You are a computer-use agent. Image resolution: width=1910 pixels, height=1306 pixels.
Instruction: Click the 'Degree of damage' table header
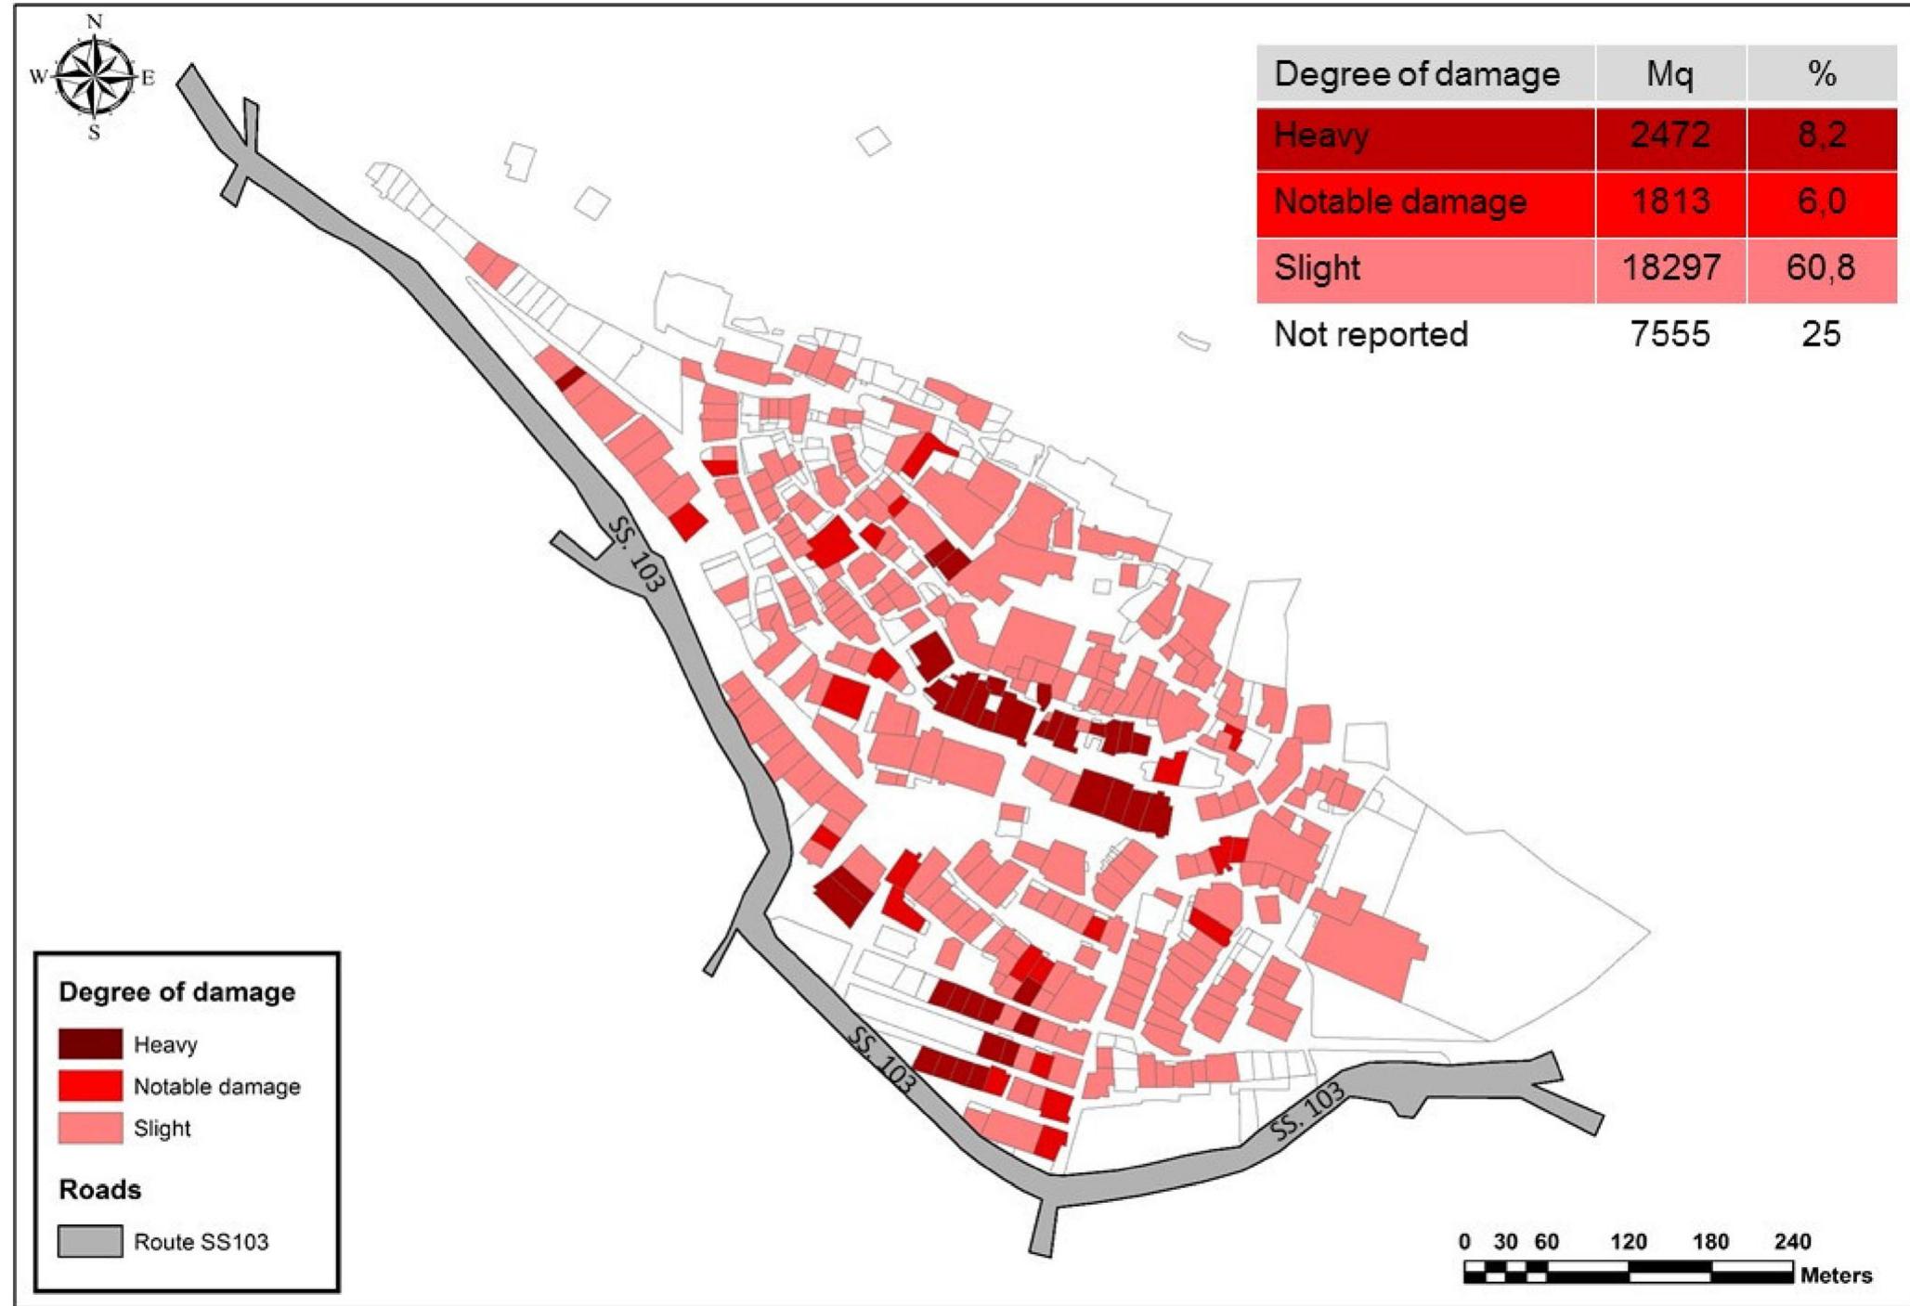(x=1416, y=74)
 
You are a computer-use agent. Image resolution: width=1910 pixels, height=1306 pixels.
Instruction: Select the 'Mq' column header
(x=1670, y=74)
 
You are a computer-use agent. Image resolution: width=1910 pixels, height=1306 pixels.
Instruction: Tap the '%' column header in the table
(x=1822, y=74)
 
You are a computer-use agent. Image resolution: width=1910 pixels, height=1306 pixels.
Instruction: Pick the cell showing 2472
(x=1670, y=136)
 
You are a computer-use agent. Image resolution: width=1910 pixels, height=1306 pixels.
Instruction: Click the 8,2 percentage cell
(x=1821, y=136)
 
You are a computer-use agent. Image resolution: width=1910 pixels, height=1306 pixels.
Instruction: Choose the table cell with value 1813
(x=1670, y=201)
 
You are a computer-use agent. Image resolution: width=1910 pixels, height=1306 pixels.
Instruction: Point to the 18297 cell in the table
(x=1670, y=268)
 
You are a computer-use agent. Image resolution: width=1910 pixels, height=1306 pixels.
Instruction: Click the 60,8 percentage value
(x=1821, y=268)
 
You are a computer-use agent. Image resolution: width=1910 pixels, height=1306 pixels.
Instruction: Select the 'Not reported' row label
(x=1371, y=334)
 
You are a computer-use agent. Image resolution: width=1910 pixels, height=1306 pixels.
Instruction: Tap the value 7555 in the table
(x=1670, y=334)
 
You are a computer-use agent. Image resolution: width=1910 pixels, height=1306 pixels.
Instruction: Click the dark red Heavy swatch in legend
(x=90, y=1043)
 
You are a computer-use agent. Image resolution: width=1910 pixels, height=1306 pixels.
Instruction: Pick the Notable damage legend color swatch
(x=90, y=1085)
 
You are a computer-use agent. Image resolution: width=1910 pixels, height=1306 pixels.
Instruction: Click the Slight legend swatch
(x=90, y=1128)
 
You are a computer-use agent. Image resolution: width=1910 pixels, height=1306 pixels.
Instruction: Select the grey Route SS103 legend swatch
(x=90, y=1241)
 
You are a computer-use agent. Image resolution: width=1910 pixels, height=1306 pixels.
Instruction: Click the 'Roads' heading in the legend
(x=100, y=1190)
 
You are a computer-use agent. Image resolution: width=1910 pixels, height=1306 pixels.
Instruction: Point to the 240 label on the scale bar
(x=1791, y=1242)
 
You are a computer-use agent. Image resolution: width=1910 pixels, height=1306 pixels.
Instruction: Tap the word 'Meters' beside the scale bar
(x=1836, y=1275)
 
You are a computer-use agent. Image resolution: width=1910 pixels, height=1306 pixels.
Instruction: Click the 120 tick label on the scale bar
(x=1628, y=1242)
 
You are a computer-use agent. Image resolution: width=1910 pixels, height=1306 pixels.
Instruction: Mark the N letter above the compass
(x=94, y=21)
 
